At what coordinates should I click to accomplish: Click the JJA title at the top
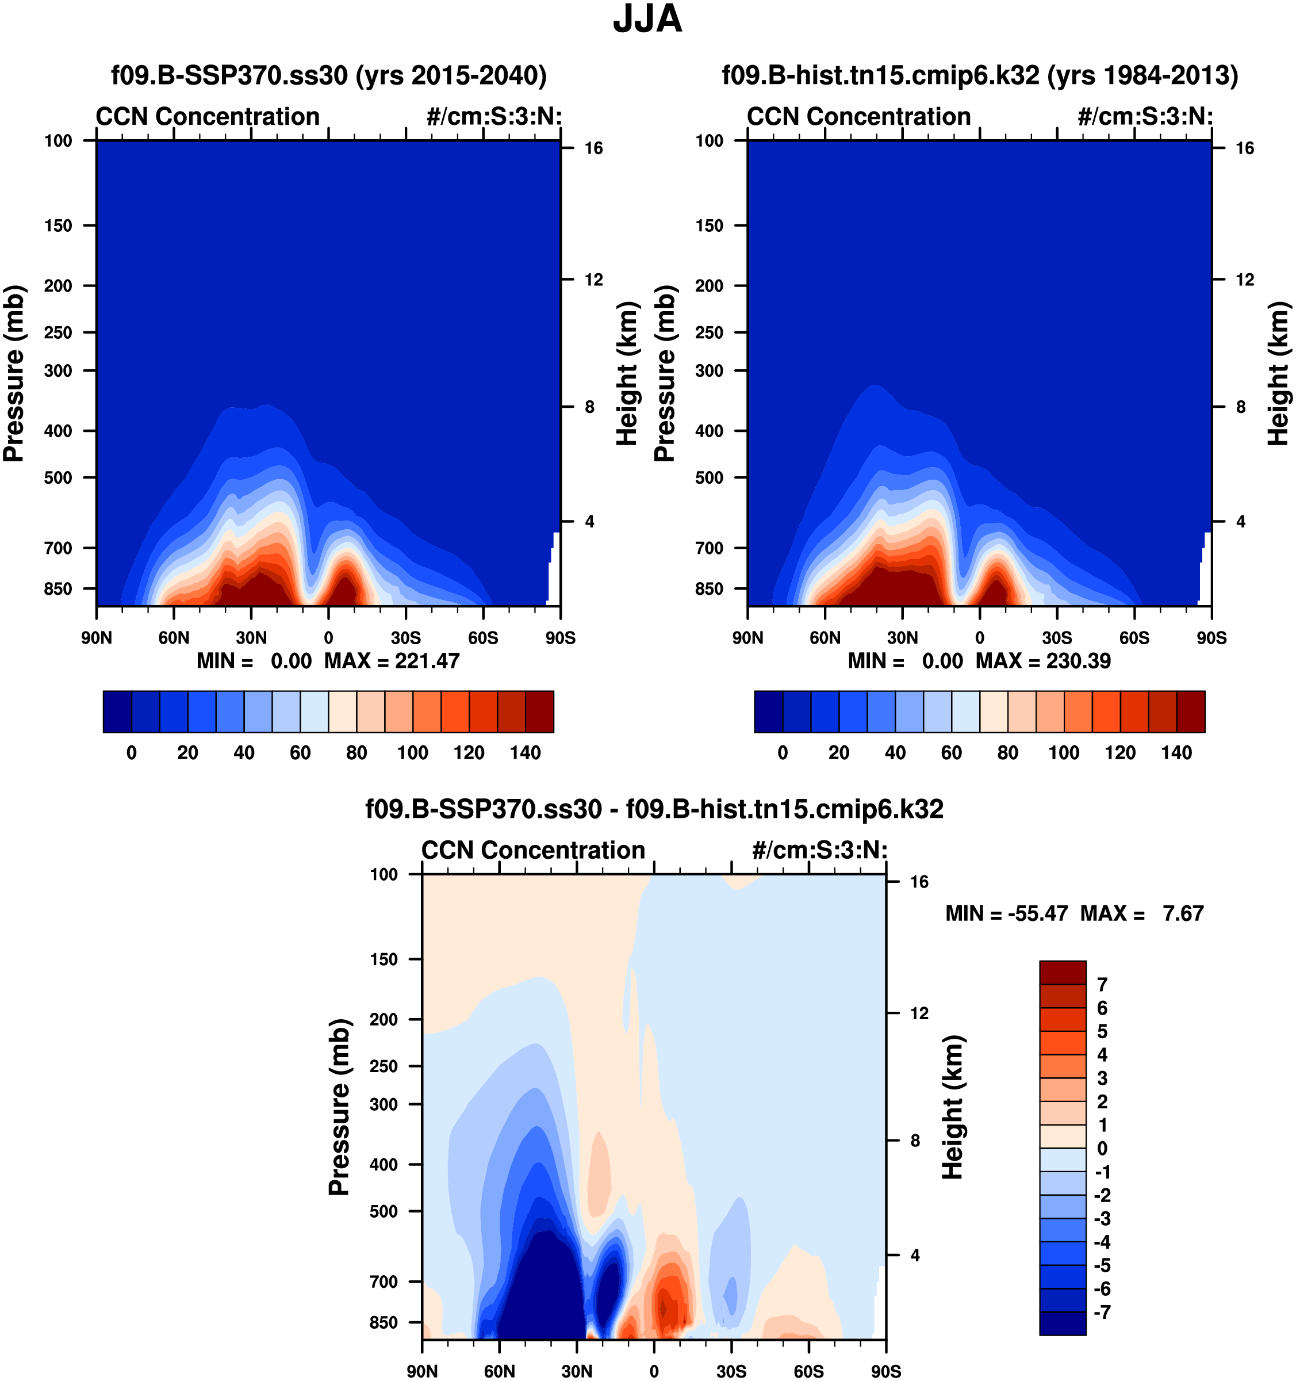647,20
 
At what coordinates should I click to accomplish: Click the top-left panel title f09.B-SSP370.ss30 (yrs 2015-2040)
328,75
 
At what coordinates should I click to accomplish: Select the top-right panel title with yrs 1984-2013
980,75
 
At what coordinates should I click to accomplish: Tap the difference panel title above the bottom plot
654,809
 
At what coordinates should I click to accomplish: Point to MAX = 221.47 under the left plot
392,661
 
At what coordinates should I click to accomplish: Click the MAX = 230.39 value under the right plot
1043,661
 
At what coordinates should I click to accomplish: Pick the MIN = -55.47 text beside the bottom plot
1006,913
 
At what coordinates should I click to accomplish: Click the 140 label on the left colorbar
525,753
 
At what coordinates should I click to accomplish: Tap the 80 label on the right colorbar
1008,753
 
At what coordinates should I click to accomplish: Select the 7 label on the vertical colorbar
1102,984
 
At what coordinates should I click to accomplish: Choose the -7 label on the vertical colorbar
1102,1312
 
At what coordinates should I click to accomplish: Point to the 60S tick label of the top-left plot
483,638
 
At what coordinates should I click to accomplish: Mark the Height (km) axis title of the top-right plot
1278,374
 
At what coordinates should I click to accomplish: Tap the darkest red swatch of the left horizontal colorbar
540,711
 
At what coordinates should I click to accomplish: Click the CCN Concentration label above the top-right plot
858,117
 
